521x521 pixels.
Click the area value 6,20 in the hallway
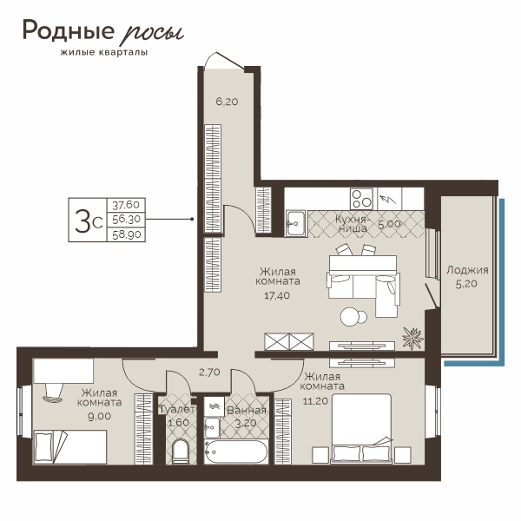point(227,102)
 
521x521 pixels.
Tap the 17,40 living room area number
point(277,295)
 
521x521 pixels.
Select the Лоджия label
point(467,270)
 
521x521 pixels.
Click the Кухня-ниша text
point(352,224)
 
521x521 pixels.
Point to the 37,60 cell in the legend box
point(126,205)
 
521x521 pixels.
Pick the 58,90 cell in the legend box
point(127,234)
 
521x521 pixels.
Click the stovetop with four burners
point(361,199)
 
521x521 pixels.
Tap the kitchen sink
point(296,223)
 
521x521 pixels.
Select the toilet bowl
point(181,452)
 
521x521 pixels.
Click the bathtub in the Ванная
point(235,452)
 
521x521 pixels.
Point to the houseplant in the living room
point(412,339)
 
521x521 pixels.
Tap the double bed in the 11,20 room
point(361,428)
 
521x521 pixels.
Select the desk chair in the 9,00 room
point(53,393)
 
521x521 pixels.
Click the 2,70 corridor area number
point(209,373)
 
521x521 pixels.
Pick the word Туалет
point(177,410)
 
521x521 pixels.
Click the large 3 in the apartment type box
point(82,221)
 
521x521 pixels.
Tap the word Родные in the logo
point(69,30)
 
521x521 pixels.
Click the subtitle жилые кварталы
point(104,52)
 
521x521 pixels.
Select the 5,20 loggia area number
point(466,284)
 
